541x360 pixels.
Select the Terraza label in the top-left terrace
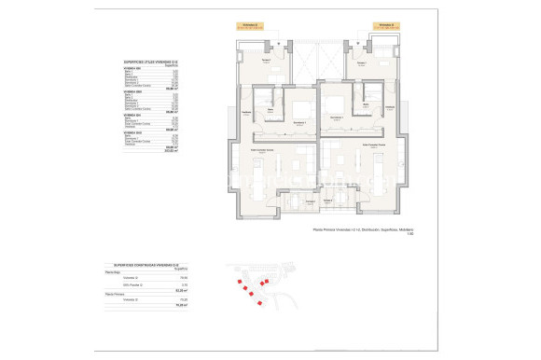pos(265,61)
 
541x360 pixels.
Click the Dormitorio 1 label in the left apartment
pos(299,122)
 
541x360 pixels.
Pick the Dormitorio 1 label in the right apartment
pos(336,117)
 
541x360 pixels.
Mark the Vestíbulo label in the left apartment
pos(246,112)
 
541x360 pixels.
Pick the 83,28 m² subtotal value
pos(183,290)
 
